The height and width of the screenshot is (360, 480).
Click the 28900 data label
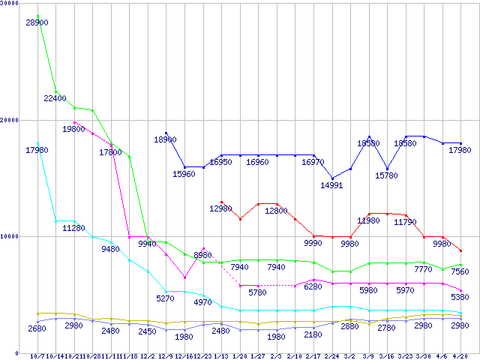pos(37,23)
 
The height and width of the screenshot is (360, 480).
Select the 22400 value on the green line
pos(55,98)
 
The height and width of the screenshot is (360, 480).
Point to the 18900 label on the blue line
pos(165,139)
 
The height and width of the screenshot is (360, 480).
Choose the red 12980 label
pos(221,208)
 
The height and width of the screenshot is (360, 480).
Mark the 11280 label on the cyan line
pos(73,228)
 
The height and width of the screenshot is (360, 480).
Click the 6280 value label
pos(313,286)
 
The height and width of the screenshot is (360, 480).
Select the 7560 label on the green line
pos(460,271)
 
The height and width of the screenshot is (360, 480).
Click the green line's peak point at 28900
pos(37,16)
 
